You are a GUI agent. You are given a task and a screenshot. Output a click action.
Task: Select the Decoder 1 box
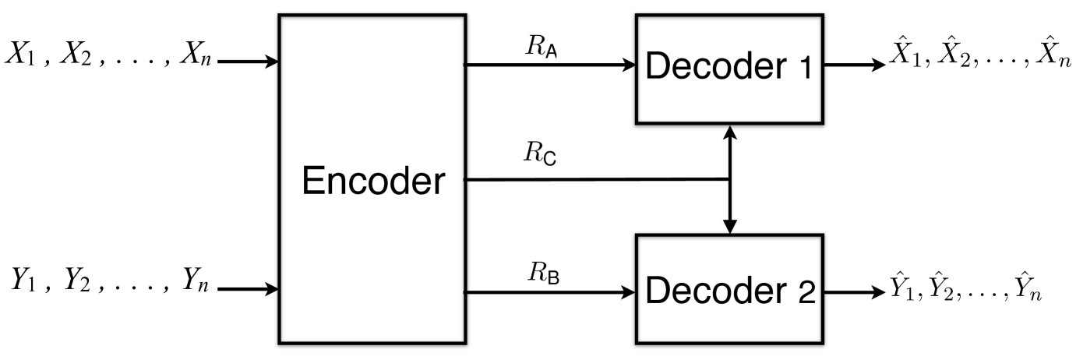[729, 68]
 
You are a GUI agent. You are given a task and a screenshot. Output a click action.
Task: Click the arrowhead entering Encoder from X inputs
[272, 62]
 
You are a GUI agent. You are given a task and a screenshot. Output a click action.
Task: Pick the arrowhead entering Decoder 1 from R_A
[630, 66]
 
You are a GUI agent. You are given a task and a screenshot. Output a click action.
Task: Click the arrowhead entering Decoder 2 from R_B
[630, 293]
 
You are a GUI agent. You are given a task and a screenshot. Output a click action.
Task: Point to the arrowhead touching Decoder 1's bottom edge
[729, 130]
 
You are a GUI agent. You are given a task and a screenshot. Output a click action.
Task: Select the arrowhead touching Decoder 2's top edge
[729, 227]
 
